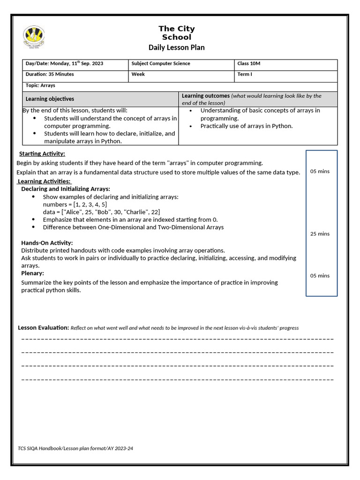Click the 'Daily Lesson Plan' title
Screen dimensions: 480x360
pos(176,47)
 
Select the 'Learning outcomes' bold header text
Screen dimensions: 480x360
pos(205,96)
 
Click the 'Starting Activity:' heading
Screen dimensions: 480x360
pos(42,154)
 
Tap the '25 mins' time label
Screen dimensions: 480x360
pos(320,233)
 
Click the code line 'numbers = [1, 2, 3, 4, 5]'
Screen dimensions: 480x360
pos(75,204)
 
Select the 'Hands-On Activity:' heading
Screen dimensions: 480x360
pos(47,243)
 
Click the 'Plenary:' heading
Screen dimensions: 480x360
pos(33,273)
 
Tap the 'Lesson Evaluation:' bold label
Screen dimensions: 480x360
pos(43,327)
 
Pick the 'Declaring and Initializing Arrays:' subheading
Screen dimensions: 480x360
pos(66,189)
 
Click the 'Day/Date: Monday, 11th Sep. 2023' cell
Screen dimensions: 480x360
pos(64,63)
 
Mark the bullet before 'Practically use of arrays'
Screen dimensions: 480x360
pos(191,126)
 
